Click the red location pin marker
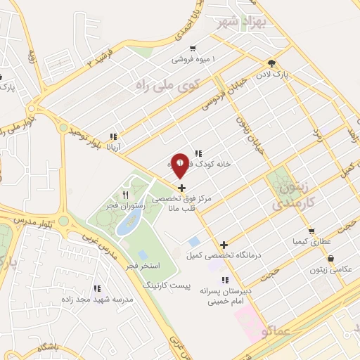181,165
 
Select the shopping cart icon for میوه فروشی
192,49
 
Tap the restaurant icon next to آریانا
112,137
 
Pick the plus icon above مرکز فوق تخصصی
182,187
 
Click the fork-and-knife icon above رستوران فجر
125,194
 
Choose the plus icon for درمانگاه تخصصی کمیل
224,245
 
